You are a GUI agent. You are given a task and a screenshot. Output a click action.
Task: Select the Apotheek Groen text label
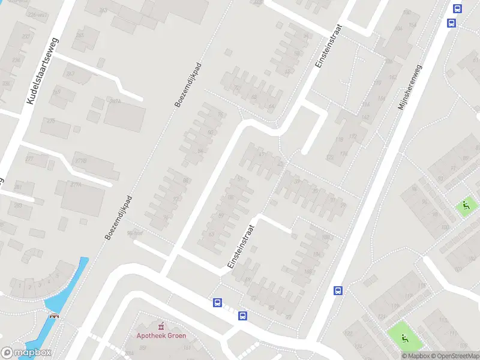pos(161,336)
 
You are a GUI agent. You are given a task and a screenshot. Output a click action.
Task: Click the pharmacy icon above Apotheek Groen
pos(161,326)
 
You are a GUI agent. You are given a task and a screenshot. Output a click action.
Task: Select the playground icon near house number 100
pos(465,207)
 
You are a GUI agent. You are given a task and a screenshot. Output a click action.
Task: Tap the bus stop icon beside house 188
pos(338,291)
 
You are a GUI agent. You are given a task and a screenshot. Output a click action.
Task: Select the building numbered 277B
pos(81,161)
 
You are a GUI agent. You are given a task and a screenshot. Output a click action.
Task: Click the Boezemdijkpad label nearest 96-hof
pos(119,217)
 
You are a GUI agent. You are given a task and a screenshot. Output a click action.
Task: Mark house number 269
pos(57,92)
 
